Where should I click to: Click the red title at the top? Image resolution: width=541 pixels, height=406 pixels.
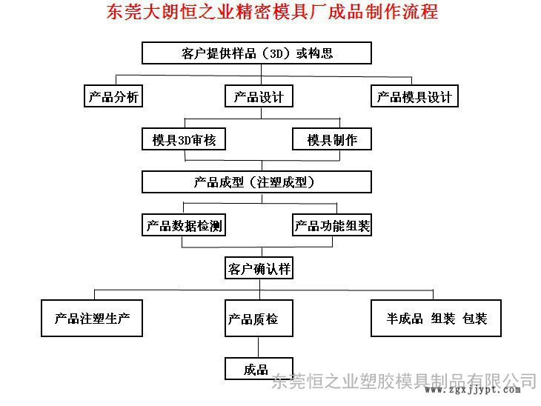(x=272, y=13)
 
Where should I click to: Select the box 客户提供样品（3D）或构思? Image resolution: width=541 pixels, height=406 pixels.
(x=256, y=53)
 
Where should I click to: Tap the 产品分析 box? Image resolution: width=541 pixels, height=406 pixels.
(x=113, y=96)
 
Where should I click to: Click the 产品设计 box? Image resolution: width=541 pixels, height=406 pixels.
(x=259, y=96)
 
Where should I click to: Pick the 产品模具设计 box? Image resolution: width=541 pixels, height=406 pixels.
(x=414, y=96)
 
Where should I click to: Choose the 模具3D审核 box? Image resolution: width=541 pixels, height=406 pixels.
(x=184, y=139)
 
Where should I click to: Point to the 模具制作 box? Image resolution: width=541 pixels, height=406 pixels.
(x=332, y=139)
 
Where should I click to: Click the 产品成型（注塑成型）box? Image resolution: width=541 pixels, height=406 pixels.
(x=256, y=182)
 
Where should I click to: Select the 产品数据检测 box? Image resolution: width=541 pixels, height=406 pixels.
(x=184, y=225)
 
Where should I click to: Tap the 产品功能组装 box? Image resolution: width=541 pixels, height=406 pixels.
(x=332, y=225)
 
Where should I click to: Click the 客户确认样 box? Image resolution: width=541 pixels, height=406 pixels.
(x=259, y=268)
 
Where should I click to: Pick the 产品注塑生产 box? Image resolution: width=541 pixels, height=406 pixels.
(x=92, y=318)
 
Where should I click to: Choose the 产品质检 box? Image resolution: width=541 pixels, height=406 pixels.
(x=259, y=318)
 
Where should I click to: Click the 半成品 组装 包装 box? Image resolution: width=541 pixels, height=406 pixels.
(x=436, y=318)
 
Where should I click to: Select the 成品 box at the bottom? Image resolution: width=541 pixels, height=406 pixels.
(x=259, y=369)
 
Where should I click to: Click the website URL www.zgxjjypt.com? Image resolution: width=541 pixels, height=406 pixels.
(x=472, y=390)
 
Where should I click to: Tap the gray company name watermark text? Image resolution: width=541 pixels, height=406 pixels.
(x=404, y=381)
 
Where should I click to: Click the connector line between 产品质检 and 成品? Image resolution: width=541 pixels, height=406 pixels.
(x=259, y=347)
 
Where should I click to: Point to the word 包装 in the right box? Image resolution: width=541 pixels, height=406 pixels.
(x=475, y=319)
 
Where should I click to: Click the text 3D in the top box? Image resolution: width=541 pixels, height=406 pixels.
(x=276, y=53)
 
